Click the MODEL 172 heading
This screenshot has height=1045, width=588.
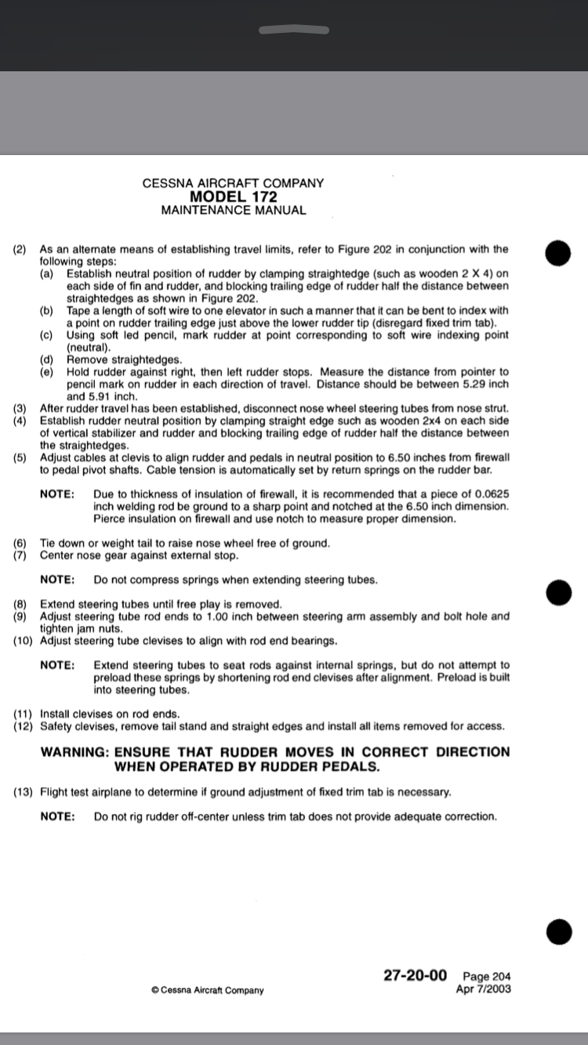tap(233, 197)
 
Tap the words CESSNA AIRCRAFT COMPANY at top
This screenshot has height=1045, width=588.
tap(233, 183)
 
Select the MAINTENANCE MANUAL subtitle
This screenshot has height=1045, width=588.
tap(233, 210)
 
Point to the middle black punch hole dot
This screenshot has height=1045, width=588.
tap(558, 593)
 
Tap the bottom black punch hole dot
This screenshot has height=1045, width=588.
tap(558, 931)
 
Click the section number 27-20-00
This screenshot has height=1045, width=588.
tap(415, 975)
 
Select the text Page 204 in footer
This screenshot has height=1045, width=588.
tap(487, 977)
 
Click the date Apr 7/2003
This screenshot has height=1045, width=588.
tap(483, 989)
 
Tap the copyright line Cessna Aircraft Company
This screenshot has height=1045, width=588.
tap(208, 990)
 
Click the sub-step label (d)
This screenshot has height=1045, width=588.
tap(48, 360)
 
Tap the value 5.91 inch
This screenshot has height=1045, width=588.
tap(113, 396)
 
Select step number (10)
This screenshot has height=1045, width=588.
tap(23, 641)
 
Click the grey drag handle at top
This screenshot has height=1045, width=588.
tap(293, 31)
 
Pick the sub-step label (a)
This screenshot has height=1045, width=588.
tap(48, 273)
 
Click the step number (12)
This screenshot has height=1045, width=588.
tap(23, 726)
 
